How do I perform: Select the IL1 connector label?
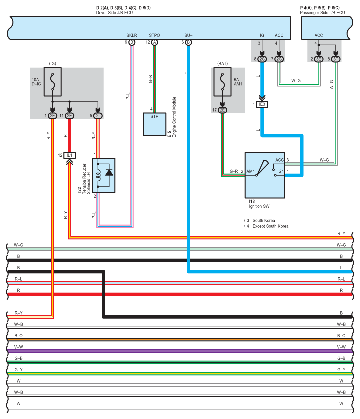click(x=70, y=155)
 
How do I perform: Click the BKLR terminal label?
click(x=132, y=36)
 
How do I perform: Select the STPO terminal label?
click(x=155, y=36)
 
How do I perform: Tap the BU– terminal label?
click(x=188, y=36)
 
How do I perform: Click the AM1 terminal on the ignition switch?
click(x=250, y=172)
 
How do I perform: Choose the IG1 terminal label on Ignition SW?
click(x=281, y=172)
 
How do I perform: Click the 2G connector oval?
click(x=279, y=59)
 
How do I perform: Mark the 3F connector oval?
click(x=336, y=59)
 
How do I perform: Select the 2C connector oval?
click(x=262, y=59)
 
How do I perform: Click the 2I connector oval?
click(x=98, y=116)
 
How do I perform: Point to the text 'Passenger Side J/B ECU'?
click(x=322, y=12)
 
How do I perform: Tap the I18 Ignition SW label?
click(x=259, y=203)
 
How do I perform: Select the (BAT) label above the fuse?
click(x=223, y=64)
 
